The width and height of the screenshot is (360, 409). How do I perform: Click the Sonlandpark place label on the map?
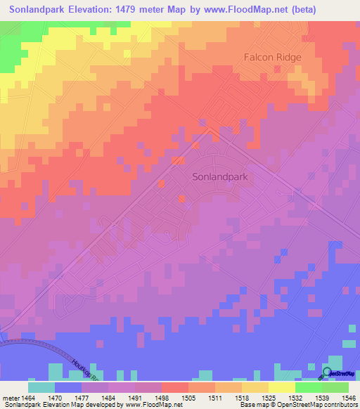point(219,178)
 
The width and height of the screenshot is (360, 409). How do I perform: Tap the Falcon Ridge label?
point(272,57)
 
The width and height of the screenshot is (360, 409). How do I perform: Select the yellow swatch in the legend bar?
point(281,387)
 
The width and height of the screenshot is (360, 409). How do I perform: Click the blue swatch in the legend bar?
point(67,387)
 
